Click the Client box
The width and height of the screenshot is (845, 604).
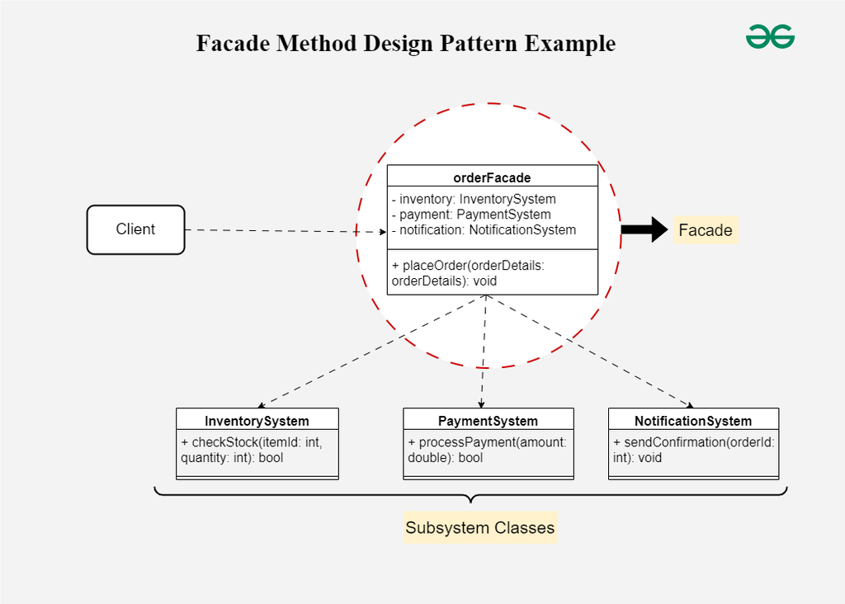coord(135,229)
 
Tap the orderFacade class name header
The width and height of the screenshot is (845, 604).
coord(492,177)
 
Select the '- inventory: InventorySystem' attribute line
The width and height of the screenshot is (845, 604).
coord(474,199)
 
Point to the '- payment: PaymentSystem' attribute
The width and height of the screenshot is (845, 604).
coord(471,215)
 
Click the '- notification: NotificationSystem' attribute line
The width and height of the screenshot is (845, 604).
coord(484,230)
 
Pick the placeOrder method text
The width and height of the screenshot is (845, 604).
coord(468,273)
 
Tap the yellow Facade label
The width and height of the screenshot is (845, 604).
coord(705,230)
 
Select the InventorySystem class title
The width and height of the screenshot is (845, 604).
coord(257,421)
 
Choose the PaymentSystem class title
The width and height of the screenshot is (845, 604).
coord(488,421)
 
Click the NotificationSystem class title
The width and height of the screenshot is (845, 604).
coord(693,421)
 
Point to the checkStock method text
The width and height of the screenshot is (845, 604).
coord(251,450)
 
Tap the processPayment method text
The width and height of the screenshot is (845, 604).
coord(487,450)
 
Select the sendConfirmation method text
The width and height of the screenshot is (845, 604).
coord(693,450)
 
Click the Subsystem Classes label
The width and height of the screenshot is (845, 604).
coord(479,527)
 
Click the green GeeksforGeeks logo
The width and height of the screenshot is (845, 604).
coord(770,36)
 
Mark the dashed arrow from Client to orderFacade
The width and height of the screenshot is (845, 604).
coord(285,231)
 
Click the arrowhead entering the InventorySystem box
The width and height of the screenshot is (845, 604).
coord(260,405)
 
